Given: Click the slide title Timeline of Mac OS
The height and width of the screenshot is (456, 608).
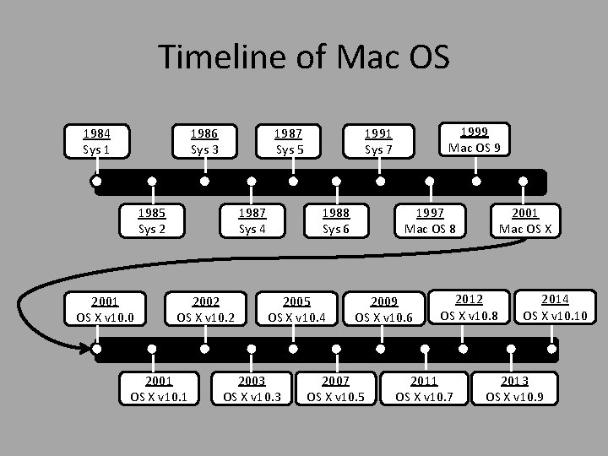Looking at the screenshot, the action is click(x=304, y=57).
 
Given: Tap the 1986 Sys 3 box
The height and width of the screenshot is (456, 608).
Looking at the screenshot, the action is click(x=204, y=141).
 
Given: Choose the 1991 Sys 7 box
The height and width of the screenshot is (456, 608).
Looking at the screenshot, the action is click(x=379, y=141).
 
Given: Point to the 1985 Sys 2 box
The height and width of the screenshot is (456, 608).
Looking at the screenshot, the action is click(x=152, y=220).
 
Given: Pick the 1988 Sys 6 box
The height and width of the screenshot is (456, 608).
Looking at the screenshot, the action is click(x=336, y=220).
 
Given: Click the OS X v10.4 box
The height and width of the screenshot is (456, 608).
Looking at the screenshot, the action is click(x=296, y=309).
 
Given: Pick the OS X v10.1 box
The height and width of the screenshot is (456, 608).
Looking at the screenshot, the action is click(x=159, y=388).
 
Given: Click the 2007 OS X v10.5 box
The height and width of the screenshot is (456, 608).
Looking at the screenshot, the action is click(x=336, y=388).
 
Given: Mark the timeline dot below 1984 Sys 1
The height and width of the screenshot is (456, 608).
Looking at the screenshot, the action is click(x=98, y=181).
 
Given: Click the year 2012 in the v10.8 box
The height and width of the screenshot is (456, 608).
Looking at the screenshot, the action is click(x=470, y=298).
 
